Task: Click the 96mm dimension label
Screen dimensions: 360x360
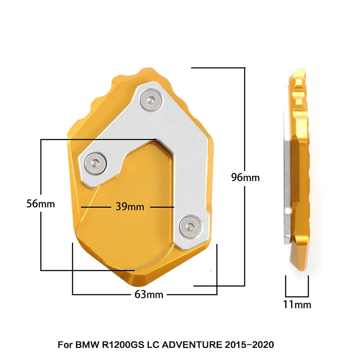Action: (245, 178)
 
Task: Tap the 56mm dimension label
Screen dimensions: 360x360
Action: (40, 204)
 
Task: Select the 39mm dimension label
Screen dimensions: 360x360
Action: (130, 207)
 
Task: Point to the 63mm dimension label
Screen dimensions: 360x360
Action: (149, 294)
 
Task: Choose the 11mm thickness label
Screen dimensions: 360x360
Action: (297, 304)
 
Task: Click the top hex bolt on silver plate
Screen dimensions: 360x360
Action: (151, 100)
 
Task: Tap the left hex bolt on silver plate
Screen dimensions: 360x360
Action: (95, 163)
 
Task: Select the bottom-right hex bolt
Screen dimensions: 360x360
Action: (190, 227)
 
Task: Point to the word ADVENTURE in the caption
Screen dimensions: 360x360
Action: (192, 345)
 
